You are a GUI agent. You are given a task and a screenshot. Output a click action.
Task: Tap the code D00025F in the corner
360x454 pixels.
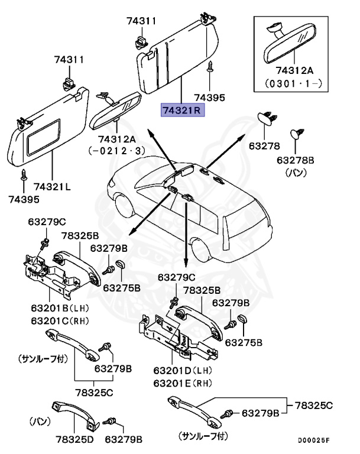pyautogui.click(x=313, y=440)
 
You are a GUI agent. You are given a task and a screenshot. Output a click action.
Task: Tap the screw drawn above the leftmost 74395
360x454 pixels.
pyautogui.click(x=25, y=175)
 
